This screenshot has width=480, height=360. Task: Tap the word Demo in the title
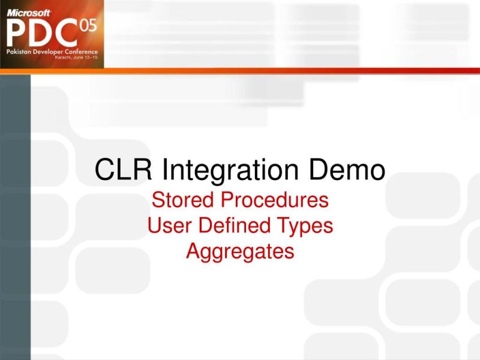pos(348,170)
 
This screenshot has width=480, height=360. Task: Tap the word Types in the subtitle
pos(303,226)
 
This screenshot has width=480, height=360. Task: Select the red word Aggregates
pos(240,251)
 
